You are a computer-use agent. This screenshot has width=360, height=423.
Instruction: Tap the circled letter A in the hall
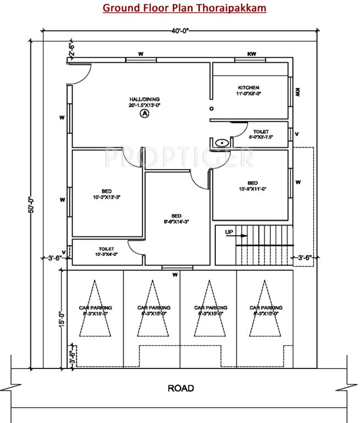pyautogui.click(x=144, y=113)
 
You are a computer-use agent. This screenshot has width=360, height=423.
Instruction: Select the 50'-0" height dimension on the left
pyautogui.click(x=31, y=204)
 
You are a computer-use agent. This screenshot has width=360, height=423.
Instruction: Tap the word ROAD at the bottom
pyautogui.click(x=181, y=388)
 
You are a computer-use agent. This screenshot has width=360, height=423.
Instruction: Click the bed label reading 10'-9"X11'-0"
pyautogui.click(x=252, y=186)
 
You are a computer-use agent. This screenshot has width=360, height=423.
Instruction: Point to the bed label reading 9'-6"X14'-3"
pyautogui.click(x=177, y=218)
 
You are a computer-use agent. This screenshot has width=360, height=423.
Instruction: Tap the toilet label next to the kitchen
pyautogui.click(x=261, y=134)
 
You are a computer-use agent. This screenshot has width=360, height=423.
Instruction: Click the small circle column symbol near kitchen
pyautogui.click(x=211, y=109)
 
